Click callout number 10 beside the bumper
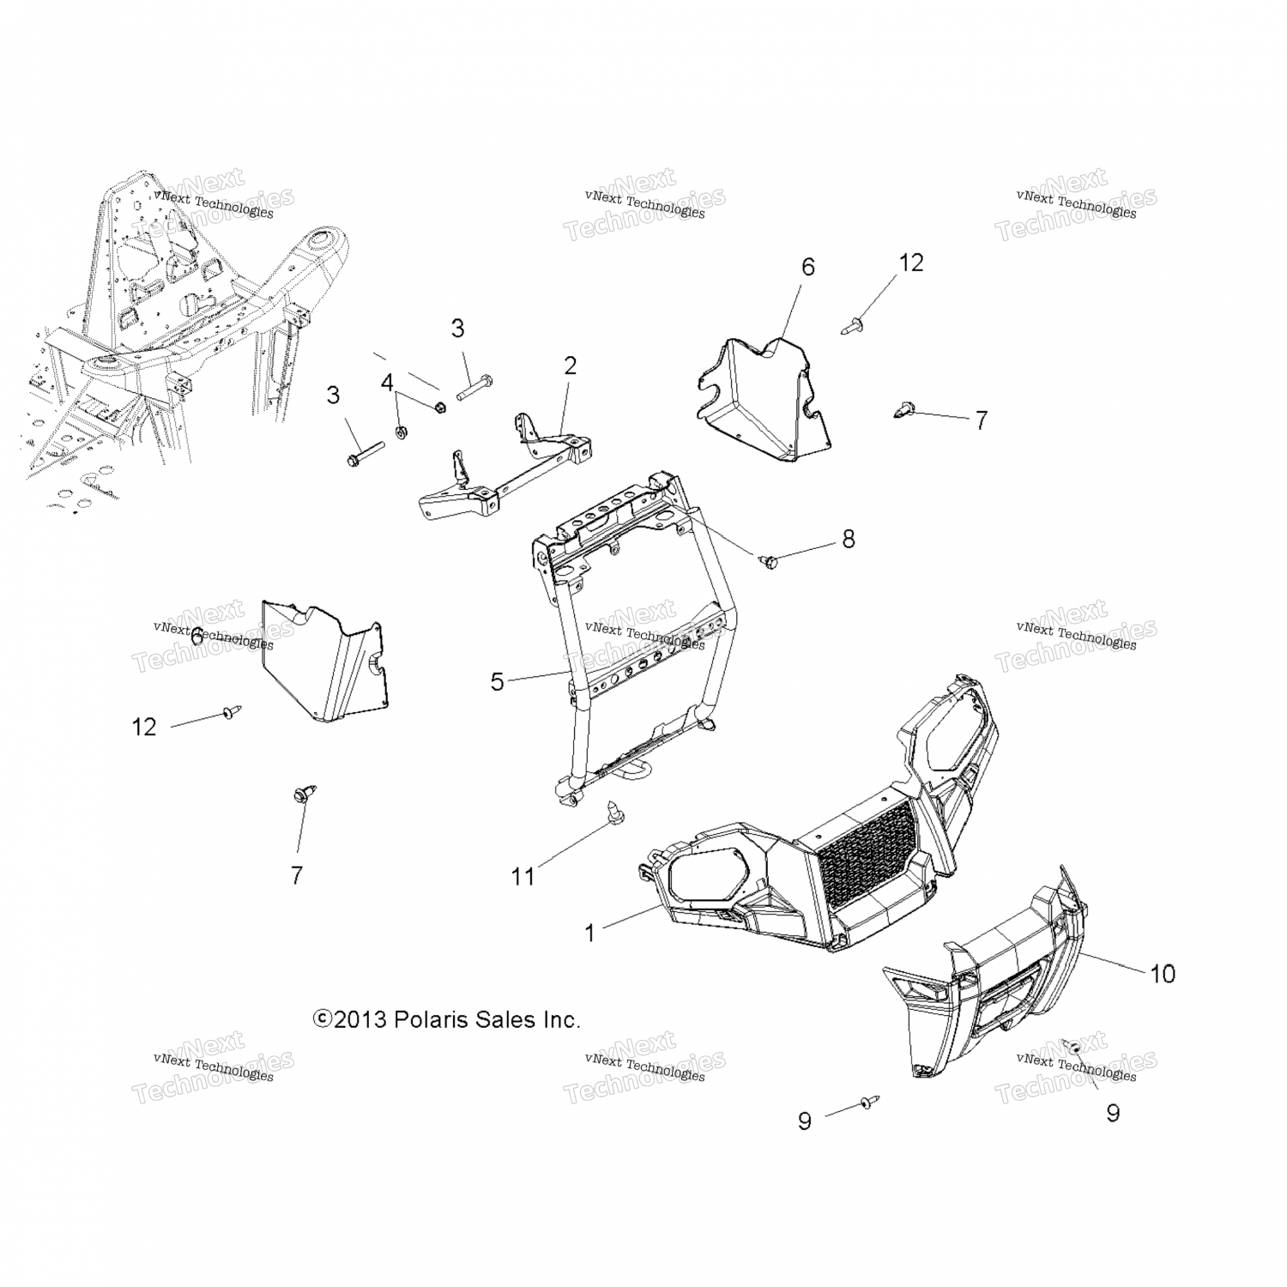click(x=1162, y=974)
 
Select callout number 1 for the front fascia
click(x=589, y=933)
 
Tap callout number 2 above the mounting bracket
click(x=570, y=366)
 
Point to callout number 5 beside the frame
click(x=497, y=681)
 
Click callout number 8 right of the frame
click(x=848, y=539)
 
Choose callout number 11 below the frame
click(x=523, y=876)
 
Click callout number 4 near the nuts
click(x=387, y=382)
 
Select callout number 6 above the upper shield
click(x=807, y=267)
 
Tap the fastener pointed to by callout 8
click(x=769, y=562)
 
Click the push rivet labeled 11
click(x=615, y=809)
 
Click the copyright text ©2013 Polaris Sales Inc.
click(x=447, y=1019)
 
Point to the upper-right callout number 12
click(x=910, y=263)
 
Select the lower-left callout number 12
click(x=144, y=727)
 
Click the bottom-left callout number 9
click(x=804, y=1121)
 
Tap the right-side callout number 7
click(x=981, y=420)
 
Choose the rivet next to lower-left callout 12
click(x=231, y=711)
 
